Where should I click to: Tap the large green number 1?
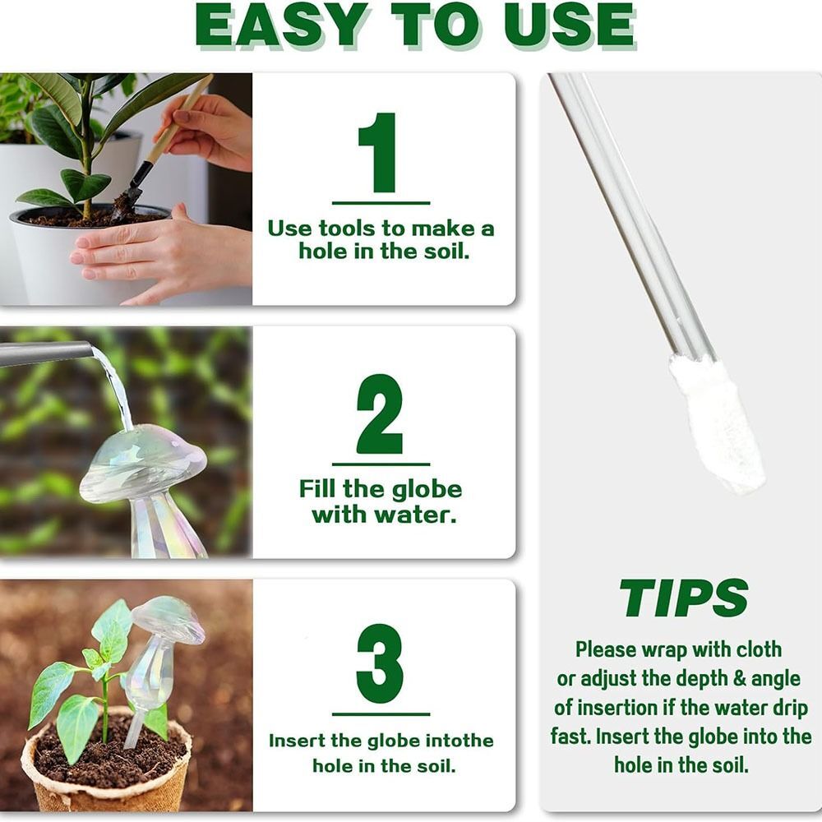pos(380,153)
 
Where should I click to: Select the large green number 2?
pos(380,415)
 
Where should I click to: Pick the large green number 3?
pos(380,664)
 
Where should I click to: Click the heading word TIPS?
pos(683,598)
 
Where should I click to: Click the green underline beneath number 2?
pos(380,464)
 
